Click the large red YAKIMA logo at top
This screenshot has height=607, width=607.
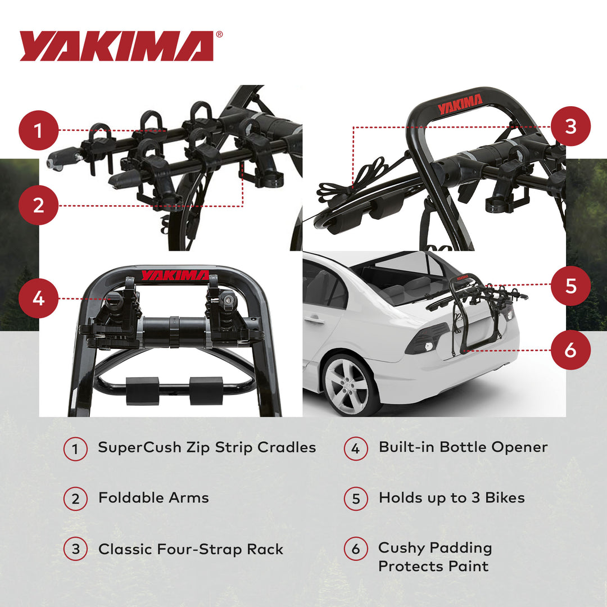click(x=117, y=46)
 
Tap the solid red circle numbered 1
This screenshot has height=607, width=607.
click(x=38, y=131)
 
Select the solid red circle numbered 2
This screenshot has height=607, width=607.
click(x=38, y=205)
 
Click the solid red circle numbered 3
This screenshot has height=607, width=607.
click(x=570, y=126)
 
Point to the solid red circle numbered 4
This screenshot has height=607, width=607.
click(x=38, y=298)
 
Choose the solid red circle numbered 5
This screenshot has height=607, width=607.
click(x=570, y=286)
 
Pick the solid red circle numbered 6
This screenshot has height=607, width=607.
click(x=570, y=350)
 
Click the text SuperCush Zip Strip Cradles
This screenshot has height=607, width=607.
click(x=207, y=447)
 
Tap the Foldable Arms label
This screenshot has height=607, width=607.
click(x=153, y=498)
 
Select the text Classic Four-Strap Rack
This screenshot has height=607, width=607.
click(x=191, y=549)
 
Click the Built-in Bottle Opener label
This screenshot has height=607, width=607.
click(x=463, y=447)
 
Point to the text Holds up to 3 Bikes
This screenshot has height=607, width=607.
click(x=451, y=498)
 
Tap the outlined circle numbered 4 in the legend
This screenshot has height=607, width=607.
click(x=355, y=449)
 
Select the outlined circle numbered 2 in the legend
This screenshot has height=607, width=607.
click(x=75, y=499)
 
